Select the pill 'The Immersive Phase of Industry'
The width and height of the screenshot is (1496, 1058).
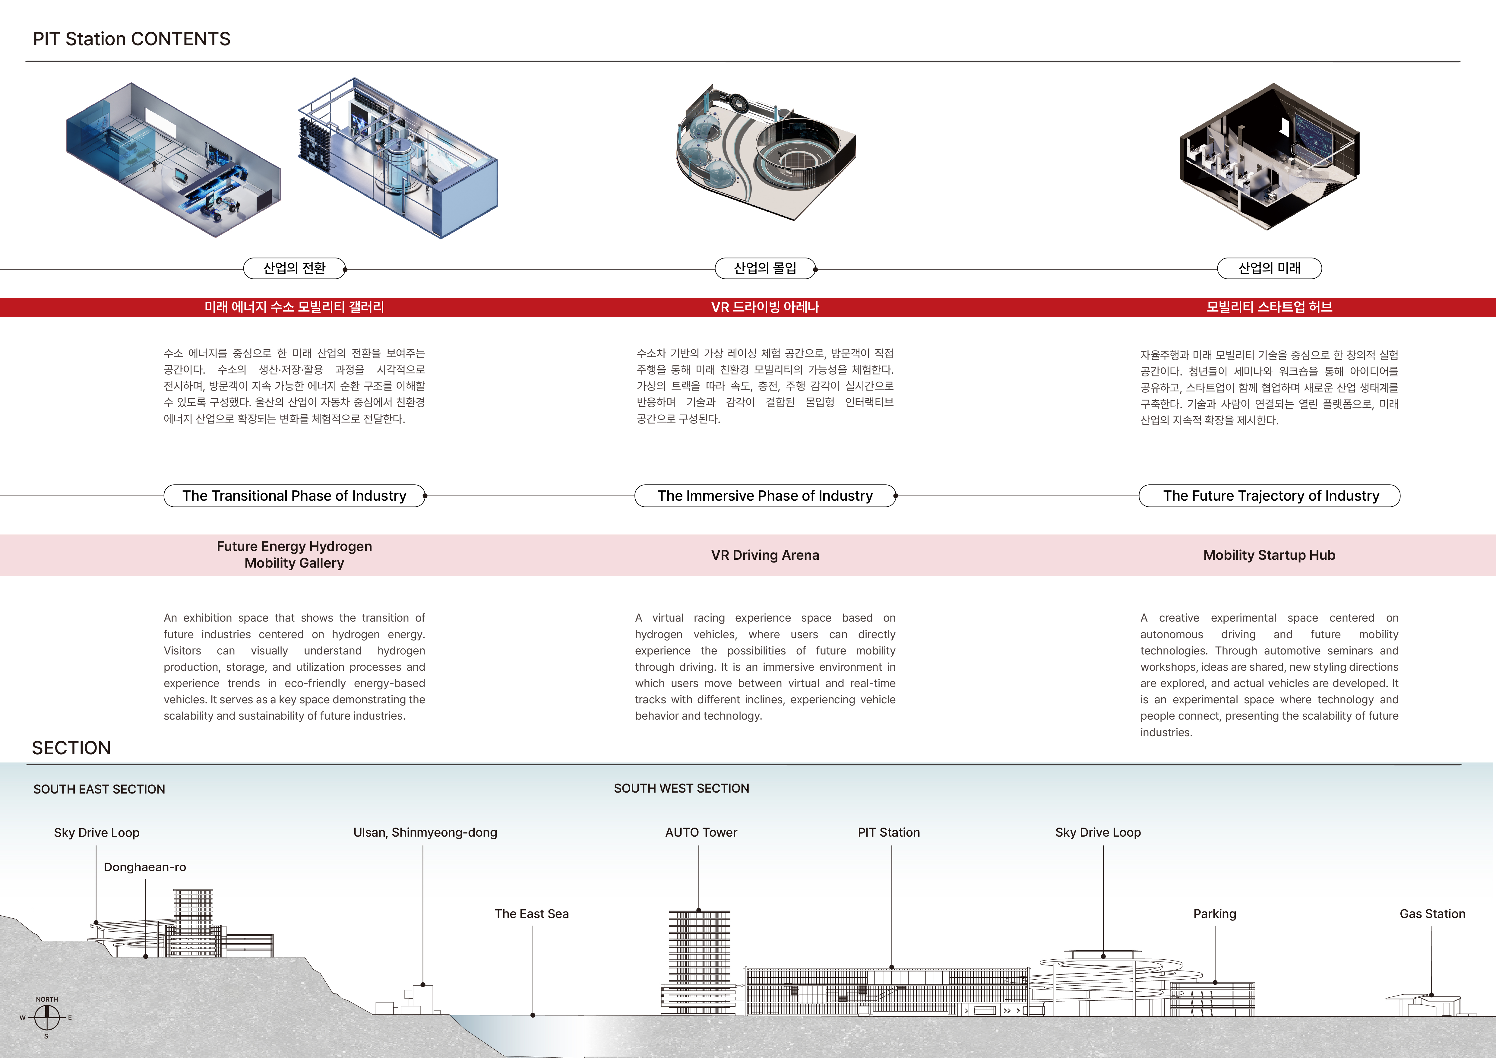point(765,496)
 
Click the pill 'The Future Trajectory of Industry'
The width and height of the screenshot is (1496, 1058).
point(1270,496)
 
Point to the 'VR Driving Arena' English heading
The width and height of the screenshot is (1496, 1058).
point(765,555)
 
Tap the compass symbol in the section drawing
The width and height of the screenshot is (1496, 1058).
point(46,1016)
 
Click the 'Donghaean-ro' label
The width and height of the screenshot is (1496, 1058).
point(145,867)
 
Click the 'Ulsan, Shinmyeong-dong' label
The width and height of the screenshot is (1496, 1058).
point(425,833)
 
